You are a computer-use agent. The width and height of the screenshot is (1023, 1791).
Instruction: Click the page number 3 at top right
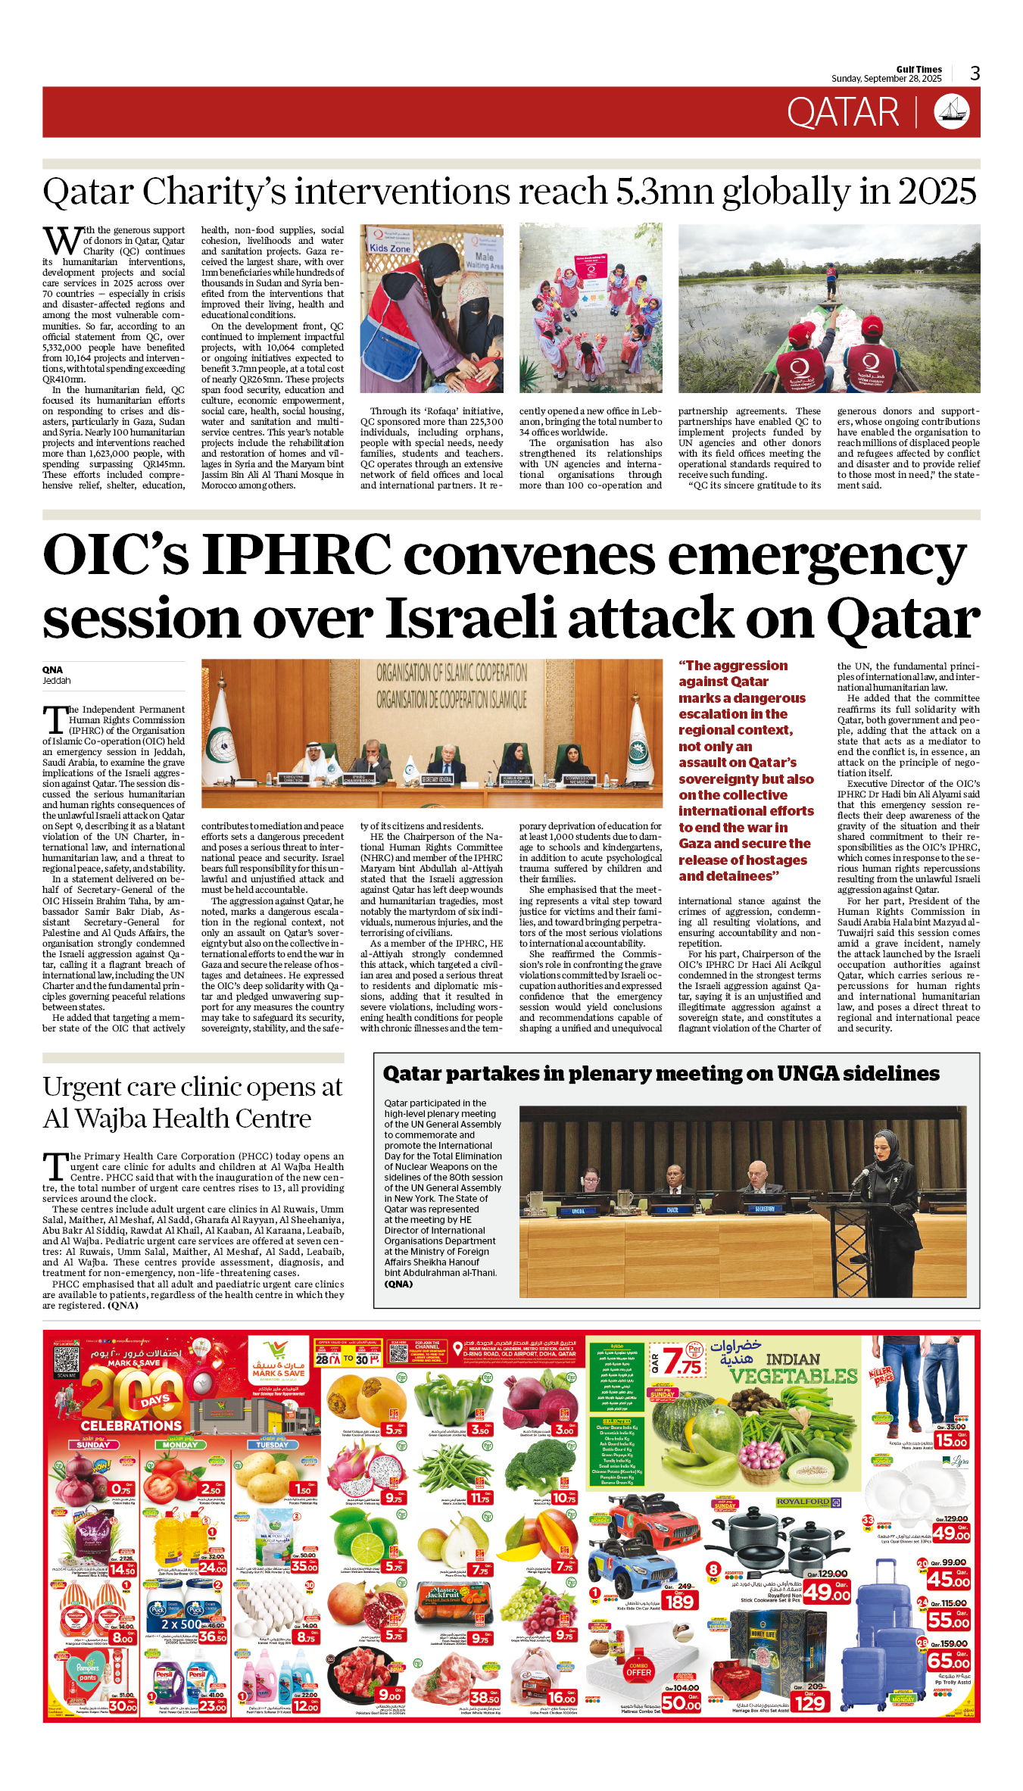click(x=975, y=73)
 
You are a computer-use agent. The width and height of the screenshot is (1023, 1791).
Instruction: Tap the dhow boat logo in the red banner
click(x=952, y=112)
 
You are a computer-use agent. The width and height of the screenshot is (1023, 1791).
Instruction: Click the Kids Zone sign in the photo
click(x=390, y=248)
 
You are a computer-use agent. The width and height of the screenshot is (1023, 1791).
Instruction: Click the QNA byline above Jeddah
click(x=52, y=669)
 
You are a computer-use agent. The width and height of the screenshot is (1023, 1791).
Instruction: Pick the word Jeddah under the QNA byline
click(x=56, y=681)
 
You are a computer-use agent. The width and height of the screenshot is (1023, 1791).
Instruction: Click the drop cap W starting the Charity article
click(x=61, y=242)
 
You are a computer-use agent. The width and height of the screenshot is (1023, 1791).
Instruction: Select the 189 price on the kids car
click(x=678, y=1601)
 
